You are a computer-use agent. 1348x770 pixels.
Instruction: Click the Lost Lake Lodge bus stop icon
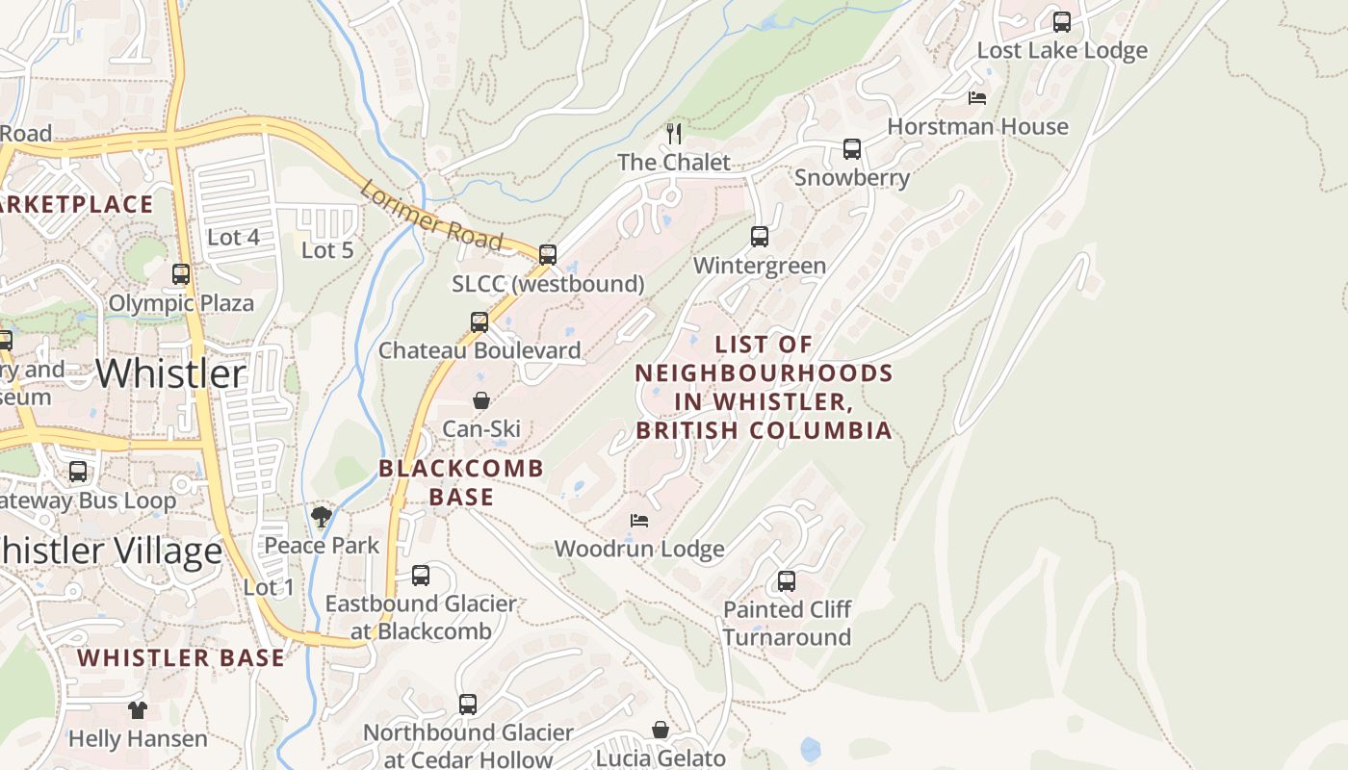[x=1061, y=21]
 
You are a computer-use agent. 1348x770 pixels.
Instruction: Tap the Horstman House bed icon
[x=977, y=98]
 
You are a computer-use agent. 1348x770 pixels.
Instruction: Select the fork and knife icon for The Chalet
[x=674, y=133]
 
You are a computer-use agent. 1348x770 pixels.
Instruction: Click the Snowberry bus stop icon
[x=851, y=149]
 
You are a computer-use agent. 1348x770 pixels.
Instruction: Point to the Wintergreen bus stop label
[x=759, y=266]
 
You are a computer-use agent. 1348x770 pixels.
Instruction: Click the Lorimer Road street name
[x=430, y=215]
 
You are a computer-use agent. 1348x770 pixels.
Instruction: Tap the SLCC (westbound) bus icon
[x=547, y=255]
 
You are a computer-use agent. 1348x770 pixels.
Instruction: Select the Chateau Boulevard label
[x=480, y=350]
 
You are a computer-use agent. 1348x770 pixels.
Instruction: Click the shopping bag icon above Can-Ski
[x=480, y=400]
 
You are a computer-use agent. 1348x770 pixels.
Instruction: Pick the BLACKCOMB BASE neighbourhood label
[x=461, y=482]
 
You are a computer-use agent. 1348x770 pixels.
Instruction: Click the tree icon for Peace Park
[x=322, y=518]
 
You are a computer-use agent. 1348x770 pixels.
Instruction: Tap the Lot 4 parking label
[x=233, y=237]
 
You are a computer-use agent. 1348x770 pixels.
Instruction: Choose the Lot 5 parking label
[x=327, y=250]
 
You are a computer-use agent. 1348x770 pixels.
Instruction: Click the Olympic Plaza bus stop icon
[x=181, y=274]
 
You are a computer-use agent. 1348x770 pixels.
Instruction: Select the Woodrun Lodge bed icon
[x=639, y=521]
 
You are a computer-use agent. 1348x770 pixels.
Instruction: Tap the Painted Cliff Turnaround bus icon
[x=787, y=581]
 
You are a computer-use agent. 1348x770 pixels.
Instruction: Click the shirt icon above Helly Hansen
[x=138, y=710]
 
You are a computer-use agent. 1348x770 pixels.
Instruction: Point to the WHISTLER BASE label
[x=181, y=658]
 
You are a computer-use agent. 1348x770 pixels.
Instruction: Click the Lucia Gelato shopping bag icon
[x=661, y=730]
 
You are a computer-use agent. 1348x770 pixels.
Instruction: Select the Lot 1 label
[x=269, y=587]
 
